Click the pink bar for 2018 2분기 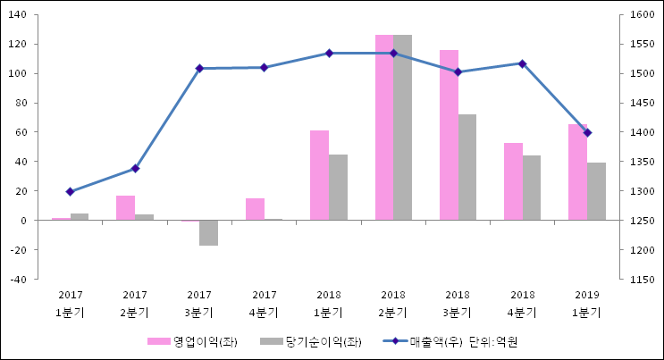[384, 128]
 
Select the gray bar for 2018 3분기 [467, 167]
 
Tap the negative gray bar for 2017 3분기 [208, 232]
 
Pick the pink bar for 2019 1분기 [577, 172]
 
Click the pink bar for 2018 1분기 [319, 175]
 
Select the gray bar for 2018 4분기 [532, 188]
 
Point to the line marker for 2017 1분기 [70, 191]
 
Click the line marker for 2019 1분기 [587, 132]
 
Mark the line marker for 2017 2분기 [135, 168]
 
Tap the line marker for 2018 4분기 [523, 63]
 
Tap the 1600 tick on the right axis [642, 15]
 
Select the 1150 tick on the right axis [642, 280]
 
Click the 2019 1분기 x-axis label [587, 304]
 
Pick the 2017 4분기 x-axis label [264, 304]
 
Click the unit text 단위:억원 [493, 341]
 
